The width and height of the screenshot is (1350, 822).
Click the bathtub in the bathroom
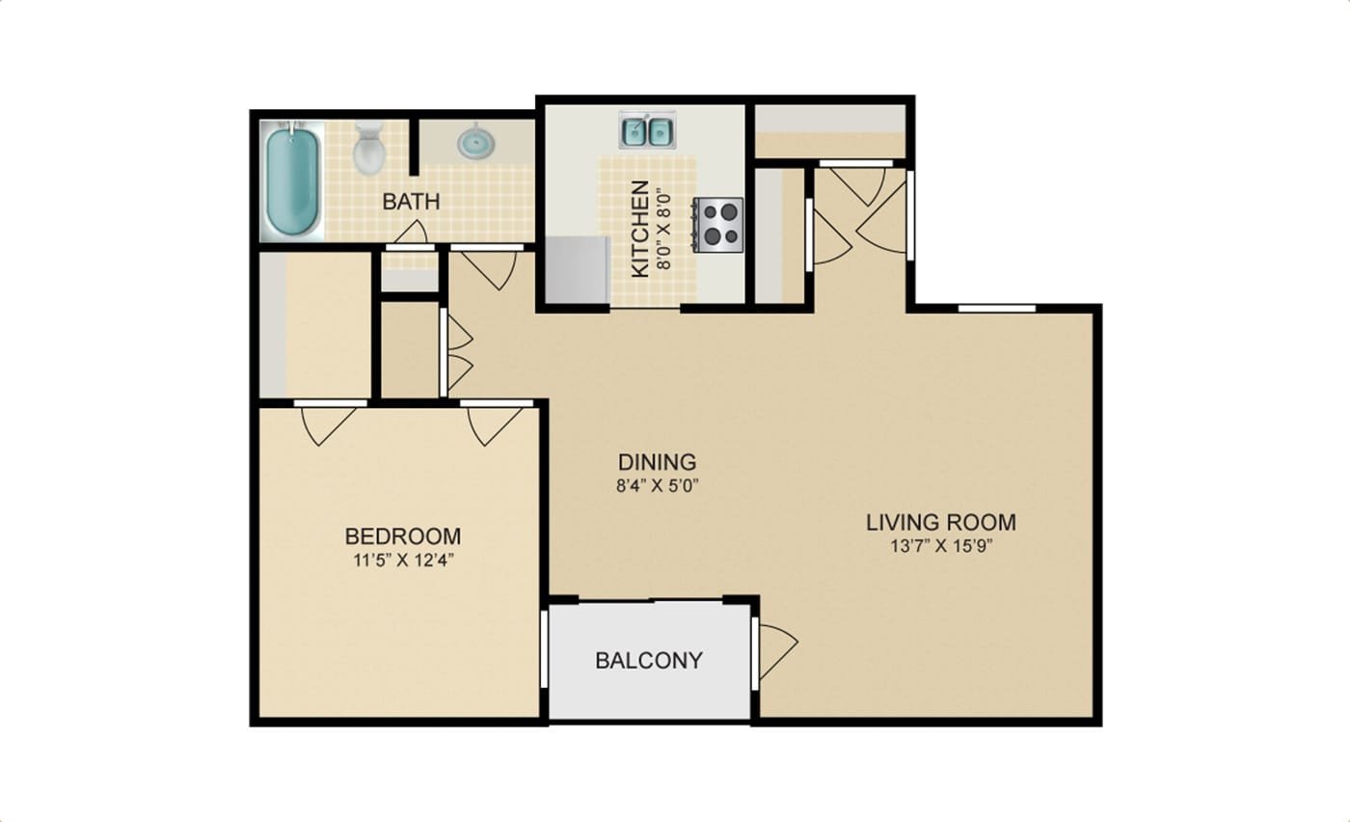point(292,180)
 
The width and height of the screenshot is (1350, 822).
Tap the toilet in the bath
point(368,148)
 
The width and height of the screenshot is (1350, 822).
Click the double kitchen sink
point(648,129)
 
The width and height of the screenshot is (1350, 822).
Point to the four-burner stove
point(717,225)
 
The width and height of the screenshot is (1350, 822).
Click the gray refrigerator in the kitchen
point(578,269)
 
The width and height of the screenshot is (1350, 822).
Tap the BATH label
point(412,202)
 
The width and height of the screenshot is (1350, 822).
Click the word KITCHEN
point(640,230)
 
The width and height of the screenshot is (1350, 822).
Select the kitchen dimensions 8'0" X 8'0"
point(663,230)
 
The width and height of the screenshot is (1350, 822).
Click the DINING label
point(658,462)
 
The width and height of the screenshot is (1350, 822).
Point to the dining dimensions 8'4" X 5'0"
point(657,486)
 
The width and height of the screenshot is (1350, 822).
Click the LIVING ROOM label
point(941,522)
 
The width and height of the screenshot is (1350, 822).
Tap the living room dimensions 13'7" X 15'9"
point(941,546)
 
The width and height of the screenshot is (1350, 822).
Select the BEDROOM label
point(403,536)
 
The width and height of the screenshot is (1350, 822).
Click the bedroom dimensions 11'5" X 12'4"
point(403,561)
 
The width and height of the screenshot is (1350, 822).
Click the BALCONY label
point(649,661)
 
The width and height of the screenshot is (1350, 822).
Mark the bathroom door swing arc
point(413,232)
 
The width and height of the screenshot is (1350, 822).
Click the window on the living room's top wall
point(996,309)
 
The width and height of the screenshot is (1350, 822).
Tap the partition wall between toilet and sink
point(414,148)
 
